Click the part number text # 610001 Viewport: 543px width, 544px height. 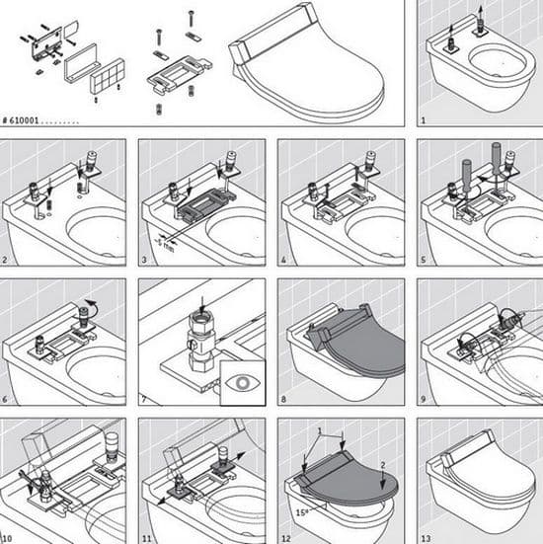(x=21, y=120)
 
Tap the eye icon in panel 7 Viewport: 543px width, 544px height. (x=243, y=383)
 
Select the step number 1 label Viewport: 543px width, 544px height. (x=424, y=120)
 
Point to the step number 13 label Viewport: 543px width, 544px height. (x=426, y=538)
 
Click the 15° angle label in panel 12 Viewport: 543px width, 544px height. (x=302, y=512)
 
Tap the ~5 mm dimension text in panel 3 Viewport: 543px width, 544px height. (x=164, y=244)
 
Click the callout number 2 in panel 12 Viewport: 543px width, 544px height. (x=383, y=465)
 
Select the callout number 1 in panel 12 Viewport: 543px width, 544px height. (x=320, y=430)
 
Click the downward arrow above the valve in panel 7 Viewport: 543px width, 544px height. (x=202, y=304)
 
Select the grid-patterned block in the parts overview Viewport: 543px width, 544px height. (x=108, y=76)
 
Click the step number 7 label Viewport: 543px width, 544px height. (x=144, y=399)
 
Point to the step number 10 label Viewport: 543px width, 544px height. (x=7, y=538)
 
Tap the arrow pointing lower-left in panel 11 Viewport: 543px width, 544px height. (x=166, y=499)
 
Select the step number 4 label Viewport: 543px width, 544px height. (x=283, y=260)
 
